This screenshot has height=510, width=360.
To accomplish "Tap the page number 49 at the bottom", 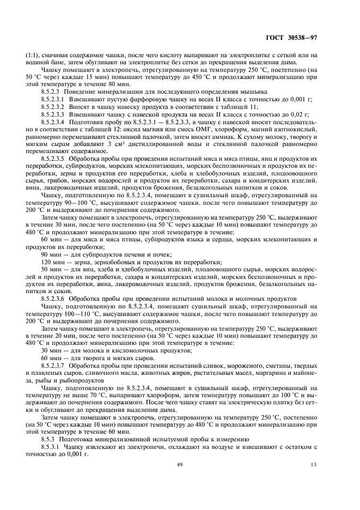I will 180,464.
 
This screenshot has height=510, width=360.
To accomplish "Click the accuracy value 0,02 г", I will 297,114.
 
